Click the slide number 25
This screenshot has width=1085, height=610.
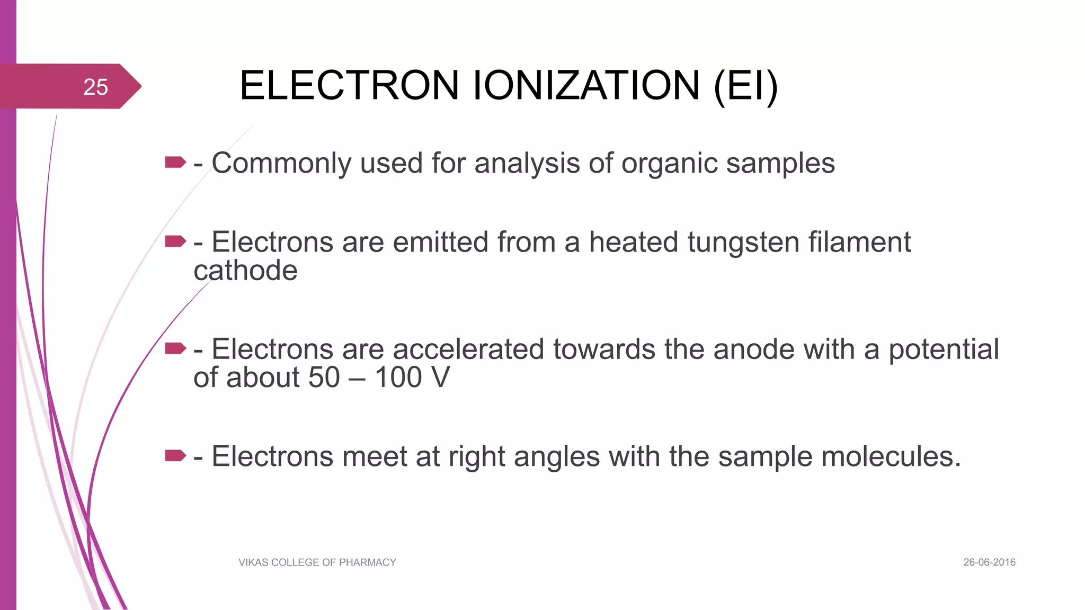coord(95,87)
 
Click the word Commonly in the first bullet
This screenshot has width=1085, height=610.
coord(281,163)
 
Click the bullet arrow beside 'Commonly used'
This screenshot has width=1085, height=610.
coord(175,162)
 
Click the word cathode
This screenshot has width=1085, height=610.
coord(245,271)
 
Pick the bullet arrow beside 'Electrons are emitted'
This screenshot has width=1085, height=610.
coord(175,241)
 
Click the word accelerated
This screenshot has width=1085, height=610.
coord(468,349)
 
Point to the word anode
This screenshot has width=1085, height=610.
coord(754,349)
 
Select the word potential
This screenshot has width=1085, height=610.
coord(944,349)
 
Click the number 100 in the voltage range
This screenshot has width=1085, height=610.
coord(398,378)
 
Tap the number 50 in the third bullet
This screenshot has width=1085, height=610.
coord(324,378)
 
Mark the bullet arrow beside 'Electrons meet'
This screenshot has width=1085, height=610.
coord(175,455)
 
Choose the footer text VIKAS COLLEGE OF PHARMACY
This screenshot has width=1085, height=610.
coord(317,562)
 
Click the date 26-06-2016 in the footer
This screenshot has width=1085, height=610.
coord(989,562)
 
